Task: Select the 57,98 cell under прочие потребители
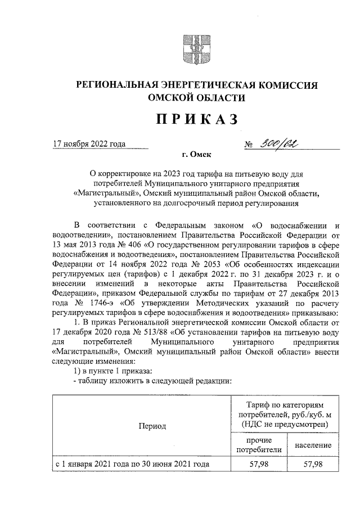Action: [258, 465]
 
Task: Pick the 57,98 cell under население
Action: [312, 465]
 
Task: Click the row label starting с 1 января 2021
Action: [132, 465]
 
